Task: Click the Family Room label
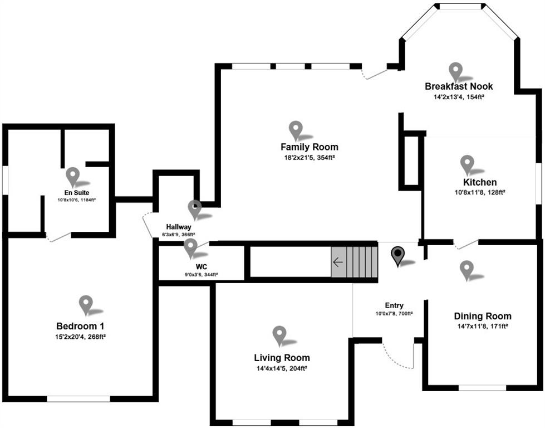[x=309, y=147]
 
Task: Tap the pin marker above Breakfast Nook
[x=456, y=71]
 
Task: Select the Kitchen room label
[x=480, y=182]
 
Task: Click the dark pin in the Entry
[x=397, y=256]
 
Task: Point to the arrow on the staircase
[x=338, y=262]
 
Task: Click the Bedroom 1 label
[x=80, y=326]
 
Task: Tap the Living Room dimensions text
[x=282, y=368]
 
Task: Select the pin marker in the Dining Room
[x=467, y=269]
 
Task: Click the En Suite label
[x=76, y=192]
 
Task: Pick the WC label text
[x=201, y=267]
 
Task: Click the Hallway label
[x=179, y=227]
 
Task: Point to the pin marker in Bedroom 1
[x=85, y=304]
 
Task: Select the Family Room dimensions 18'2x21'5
[x=309, y=158]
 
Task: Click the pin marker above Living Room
[x=279, y=335]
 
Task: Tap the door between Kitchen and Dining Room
[x=467, y=244]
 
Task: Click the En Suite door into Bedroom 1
[x=58, y=237]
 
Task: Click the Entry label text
[x=394, y=305]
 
